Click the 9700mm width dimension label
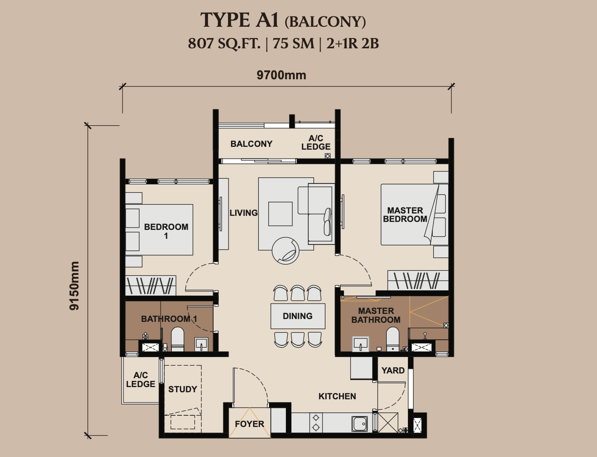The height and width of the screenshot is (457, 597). (x=281, y=75)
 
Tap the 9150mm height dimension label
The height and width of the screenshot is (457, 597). (x=74, y=286)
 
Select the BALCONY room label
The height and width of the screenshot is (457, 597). (x=252, y=144)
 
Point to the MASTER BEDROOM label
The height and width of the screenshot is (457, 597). (x=405, y=215)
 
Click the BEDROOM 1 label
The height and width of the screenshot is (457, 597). (x=166, y=231)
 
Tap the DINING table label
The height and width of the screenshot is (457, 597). (x=298, y=316)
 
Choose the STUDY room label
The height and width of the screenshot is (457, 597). (x=183, y=389)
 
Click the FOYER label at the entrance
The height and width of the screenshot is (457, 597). (x=250, y=424)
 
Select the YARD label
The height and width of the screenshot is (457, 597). (x=393, y=371)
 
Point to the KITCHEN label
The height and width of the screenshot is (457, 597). (x=337, y=396)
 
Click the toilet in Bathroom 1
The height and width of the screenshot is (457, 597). (x=177, y=339)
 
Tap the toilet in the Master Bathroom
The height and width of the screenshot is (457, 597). (x=393, y=339)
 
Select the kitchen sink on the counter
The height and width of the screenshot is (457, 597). (x=360, y=424)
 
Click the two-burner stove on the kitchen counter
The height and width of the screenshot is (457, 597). (x=316, y=423)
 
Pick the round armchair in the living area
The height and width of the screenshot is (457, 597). (x=285, y=251)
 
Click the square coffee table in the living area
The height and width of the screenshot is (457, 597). (x=280, y=214)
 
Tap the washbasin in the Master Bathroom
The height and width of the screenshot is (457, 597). (x=360, y=344)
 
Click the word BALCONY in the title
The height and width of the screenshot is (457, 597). (x=325, y=22)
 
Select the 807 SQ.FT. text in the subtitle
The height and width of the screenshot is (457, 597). (x=224, y=43)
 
